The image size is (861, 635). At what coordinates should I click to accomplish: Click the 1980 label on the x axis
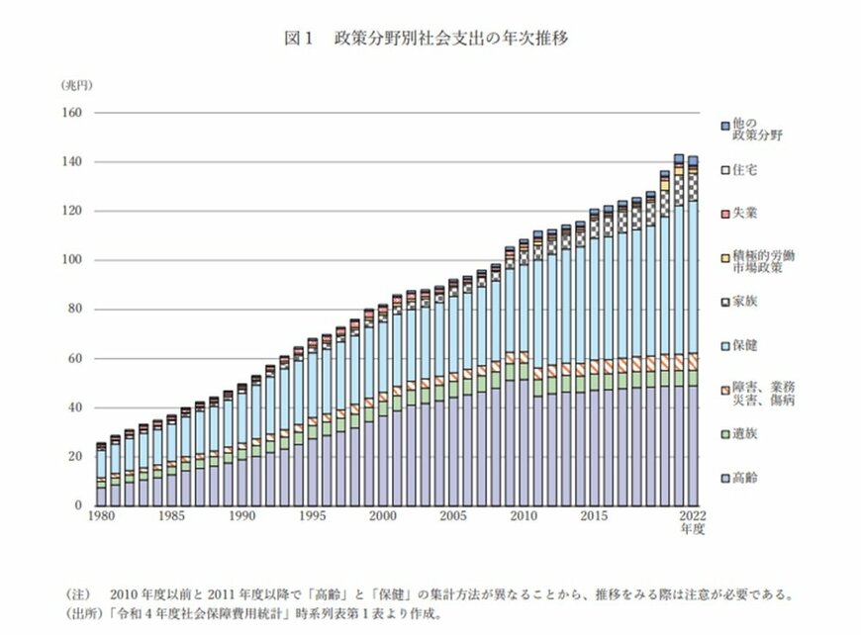pos(101,517)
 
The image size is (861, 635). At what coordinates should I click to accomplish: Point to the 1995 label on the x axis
pos(312,517)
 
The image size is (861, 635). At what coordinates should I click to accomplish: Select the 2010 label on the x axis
pos(523,517)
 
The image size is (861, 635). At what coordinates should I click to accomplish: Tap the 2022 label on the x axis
pos(693,517)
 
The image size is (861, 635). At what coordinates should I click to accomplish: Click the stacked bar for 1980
pos(101,475)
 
